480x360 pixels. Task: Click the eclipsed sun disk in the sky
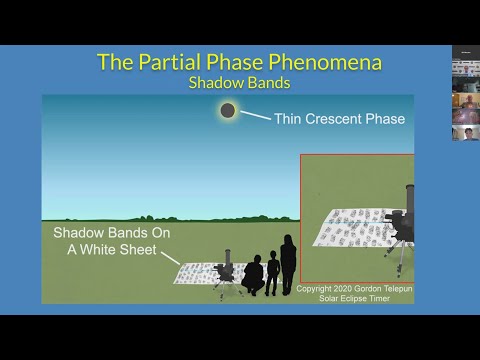pyautogui.click(x=228, y=111)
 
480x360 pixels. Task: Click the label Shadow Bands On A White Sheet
pyautogui.click(x=105, y=241)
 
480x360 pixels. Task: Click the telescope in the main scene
pyautogui.click(x=226, y=269)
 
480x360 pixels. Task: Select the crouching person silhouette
pyautogui.click(x=253, y=275)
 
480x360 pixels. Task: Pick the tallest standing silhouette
pyautogui.click(x=288, y=262)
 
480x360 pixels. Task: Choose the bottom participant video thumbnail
pyautogui.click(x=464, y=133)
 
